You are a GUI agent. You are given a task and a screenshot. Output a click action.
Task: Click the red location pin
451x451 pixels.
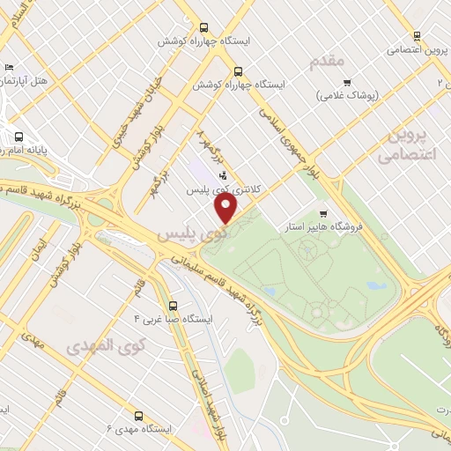point(226,209)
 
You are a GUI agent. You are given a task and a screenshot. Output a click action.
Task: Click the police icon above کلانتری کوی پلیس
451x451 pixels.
point(222,174)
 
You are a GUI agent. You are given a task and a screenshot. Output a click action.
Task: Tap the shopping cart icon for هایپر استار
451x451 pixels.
point(324,212)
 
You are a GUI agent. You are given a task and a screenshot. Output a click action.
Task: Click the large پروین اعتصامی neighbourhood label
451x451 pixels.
point(407,144)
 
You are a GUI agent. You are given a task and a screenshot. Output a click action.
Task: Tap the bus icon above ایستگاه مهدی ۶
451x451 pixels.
point(137,414)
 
